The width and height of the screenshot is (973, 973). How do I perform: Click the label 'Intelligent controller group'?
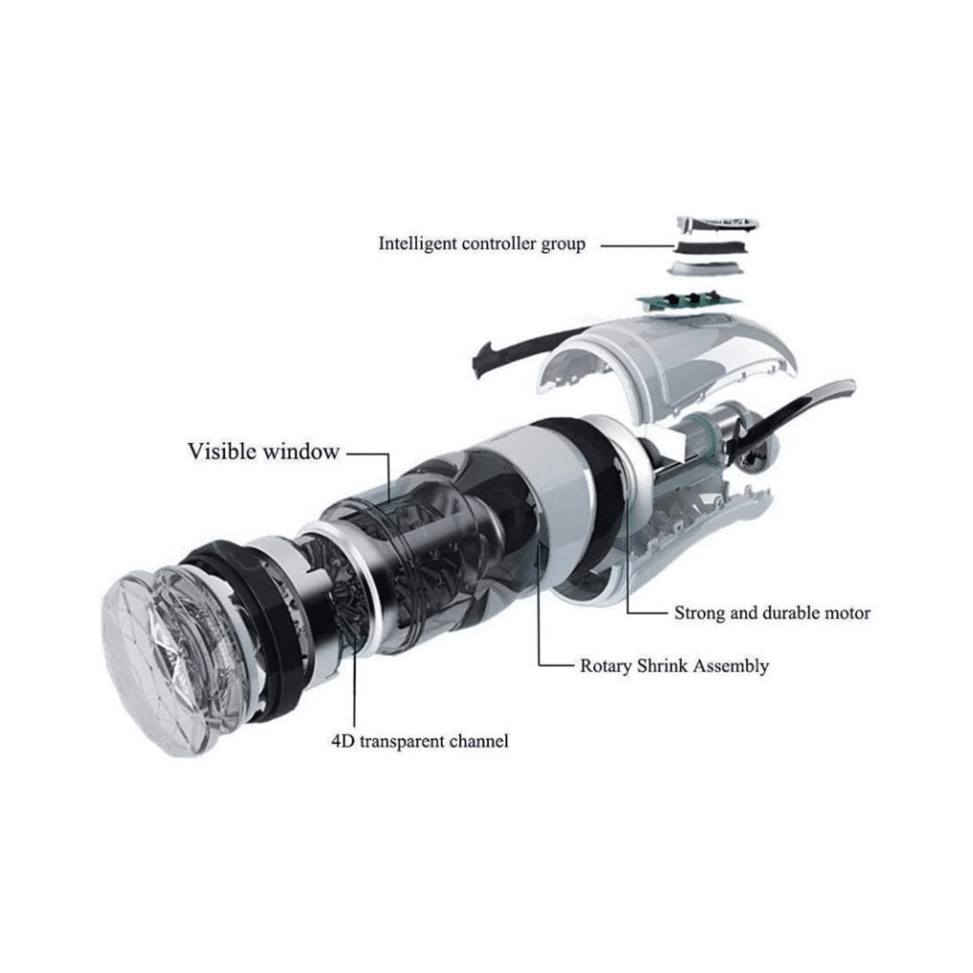(481, 243)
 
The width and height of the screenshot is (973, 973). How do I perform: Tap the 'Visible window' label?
(263, 452)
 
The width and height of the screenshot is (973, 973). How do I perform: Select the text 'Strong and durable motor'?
(772, 613)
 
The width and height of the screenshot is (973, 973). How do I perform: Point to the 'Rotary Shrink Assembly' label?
(674, 666)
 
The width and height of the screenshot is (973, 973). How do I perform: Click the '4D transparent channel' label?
(419, 741)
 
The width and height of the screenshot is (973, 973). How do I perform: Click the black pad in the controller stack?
(711, 248)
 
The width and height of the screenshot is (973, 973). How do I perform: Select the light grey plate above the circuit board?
(704, 268)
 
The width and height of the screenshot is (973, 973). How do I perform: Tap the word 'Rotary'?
(606, 667)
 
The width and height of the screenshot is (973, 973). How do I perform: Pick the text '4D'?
(342, 741)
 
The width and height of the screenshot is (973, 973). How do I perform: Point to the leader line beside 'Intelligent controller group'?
(637, 246)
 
